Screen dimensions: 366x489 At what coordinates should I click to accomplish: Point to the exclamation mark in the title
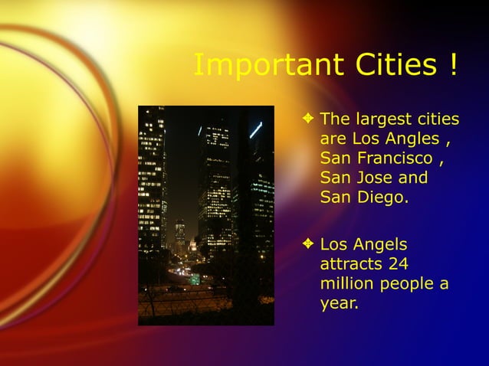(455, 66)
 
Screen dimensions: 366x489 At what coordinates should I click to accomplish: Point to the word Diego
(381, 198)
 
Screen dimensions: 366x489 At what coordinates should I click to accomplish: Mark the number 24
(397, 265)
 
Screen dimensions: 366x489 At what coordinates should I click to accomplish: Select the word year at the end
(339, 304)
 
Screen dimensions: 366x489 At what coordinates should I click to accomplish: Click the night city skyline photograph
(205, 215)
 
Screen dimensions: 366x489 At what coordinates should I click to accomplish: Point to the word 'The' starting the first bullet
(334, 119)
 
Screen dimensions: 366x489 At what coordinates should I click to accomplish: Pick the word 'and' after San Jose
(413, 178)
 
